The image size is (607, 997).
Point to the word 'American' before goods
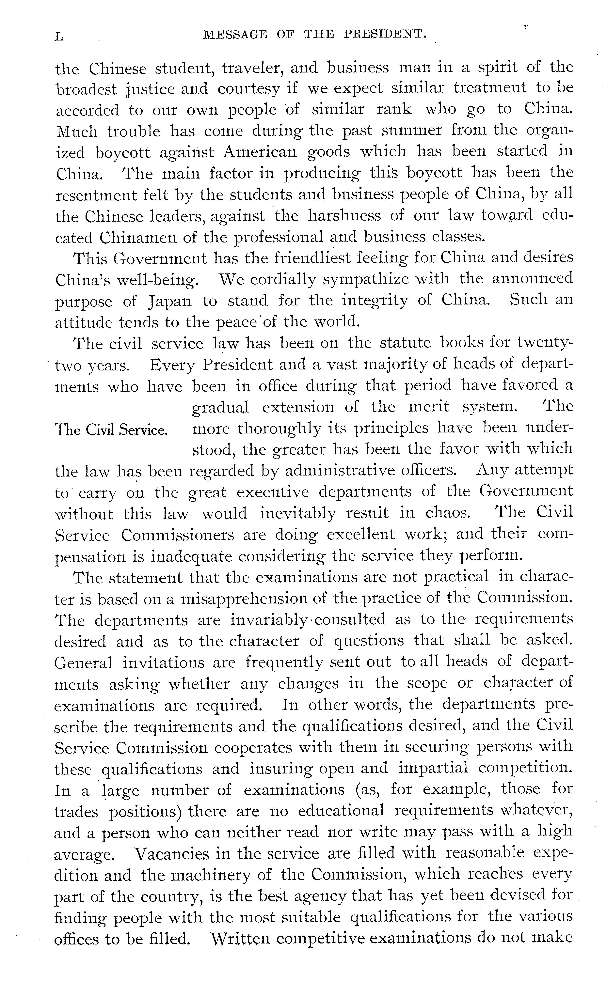(260, 152)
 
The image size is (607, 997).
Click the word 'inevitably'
(297, 513)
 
